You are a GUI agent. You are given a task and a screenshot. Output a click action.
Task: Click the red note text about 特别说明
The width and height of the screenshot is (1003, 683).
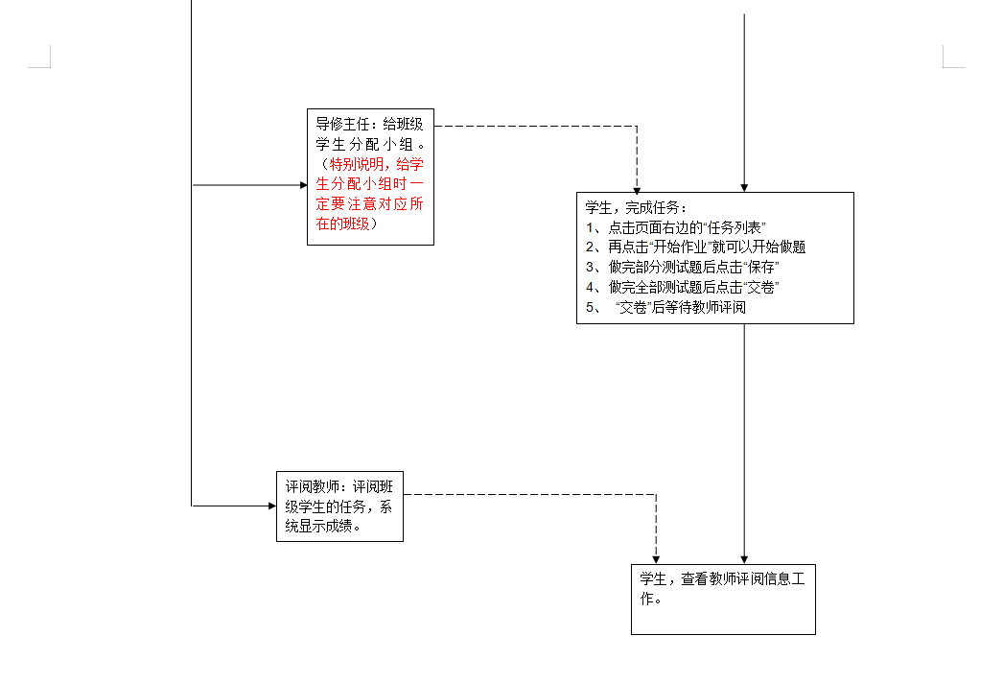pos(370,194)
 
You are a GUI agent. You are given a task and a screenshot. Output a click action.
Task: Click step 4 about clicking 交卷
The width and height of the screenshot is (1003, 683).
pos(682,288)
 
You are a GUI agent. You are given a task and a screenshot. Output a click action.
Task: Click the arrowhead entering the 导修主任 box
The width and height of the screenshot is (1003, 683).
pos(301,184)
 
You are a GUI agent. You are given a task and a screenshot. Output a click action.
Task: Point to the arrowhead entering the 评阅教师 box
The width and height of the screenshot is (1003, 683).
pos(270,505)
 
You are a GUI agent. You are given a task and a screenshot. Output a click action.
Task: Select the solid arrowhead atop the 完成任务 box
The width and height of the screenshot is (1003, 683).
pos(744,188)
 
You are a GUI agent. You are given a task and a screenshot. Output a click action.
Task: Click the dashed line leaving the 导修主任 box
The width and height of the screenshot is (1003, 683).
pos(537,126)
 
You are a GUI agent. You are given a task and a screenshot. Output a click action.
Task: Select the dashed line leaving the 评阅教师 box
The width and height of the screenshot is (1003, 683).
pos(527,495)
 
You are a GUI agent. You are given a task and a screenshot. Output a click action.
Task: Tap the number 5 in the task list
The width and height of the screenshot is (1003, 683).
pos(591,308)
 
